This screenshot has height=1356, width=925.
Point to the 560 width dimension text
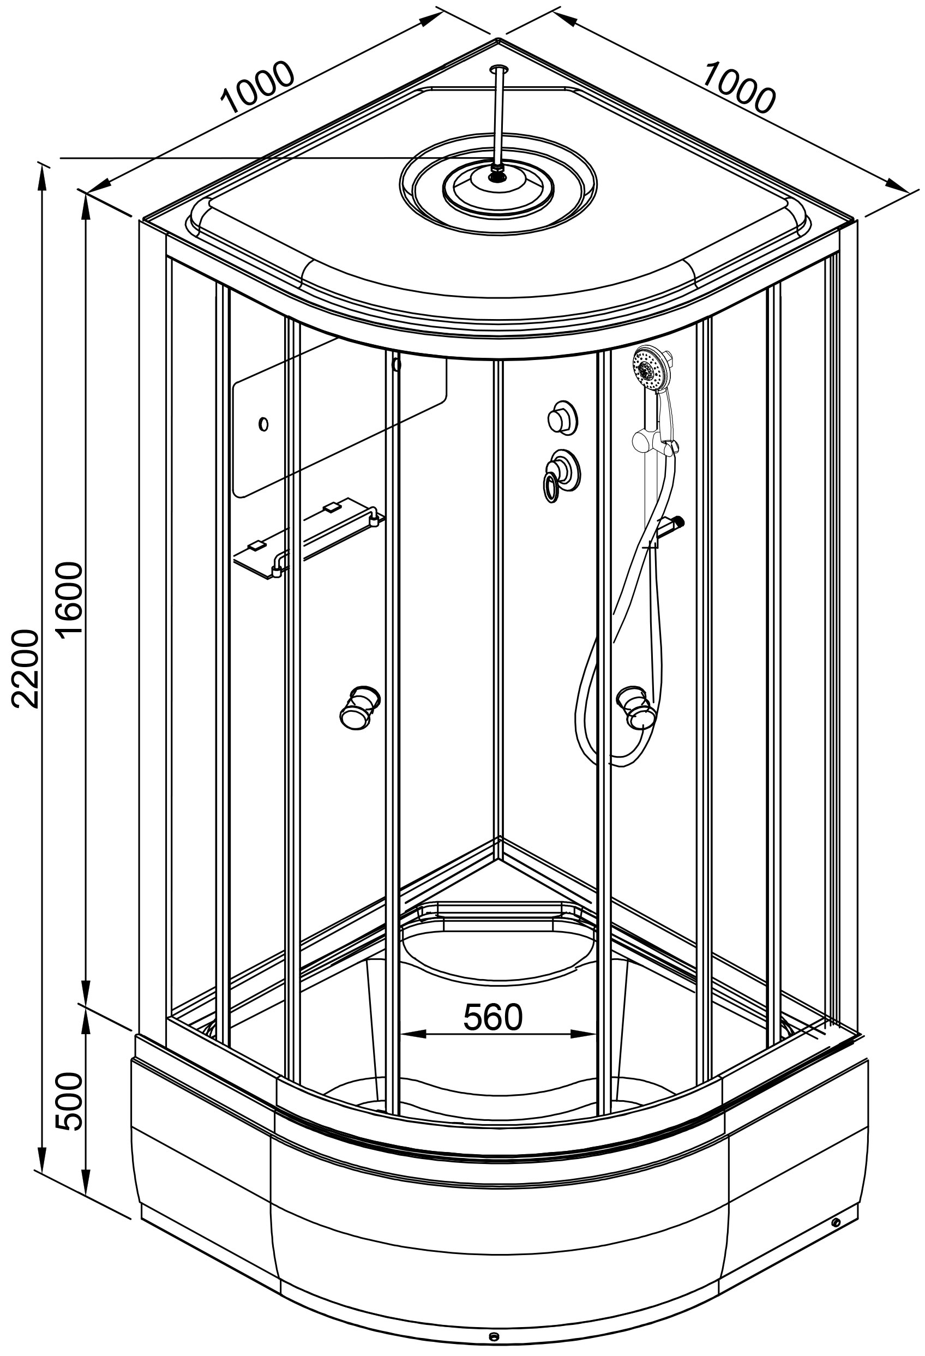[492, 1018]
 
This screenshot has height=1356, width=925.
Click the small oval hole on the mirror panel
[263, 424]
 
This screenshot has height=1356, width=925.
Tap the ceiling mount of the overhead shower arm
[498, 69]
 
